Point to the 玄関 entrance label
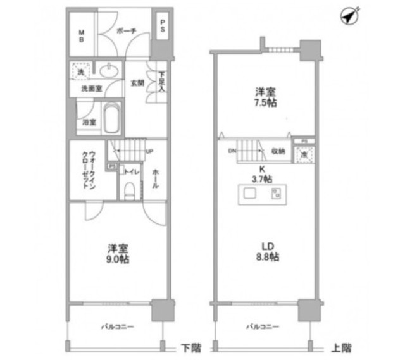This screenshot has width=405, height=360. [x=138, y=82]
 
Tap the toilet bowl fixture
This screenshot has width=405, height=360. [x=130, y=189]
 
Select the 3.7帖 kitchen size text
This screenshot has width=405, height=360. [x=262, y=178]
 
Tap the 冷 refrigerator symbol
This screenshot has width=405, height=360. [x=304, y=154]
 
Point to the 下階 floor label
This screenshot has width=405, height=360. [x=188, y=347]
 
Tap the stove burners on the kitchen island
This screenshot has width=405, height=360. [x=276, y=193]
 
